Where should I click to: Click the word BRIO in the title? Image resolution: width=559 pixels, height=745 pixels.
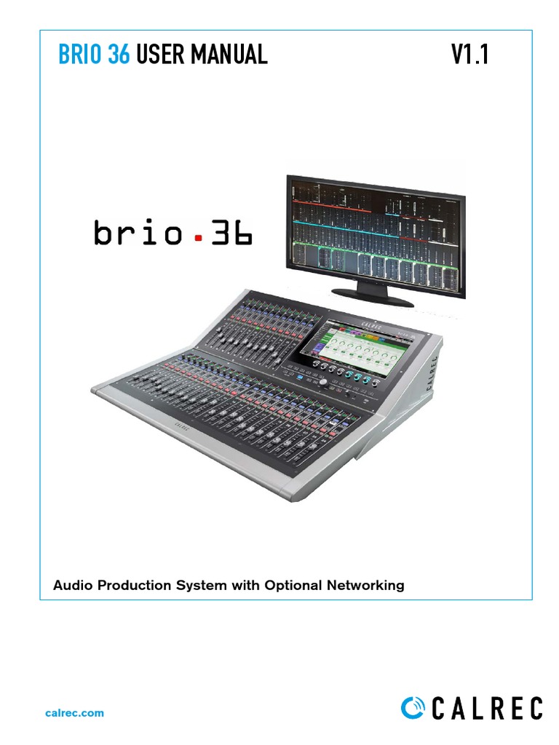(x=81, y=55)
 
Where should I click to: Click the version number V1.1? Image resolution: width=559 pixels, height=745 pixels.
(x=469, y=55)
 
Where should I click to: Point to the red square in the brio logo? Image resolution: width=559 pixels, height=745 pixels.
(x=195, y=236)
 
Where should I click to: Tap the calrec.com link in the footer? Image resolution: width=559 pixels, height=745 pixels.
(x=75, y=713)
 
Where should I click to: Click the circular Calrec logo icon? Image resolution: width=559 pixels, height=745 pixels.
(x=413, y=709)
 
